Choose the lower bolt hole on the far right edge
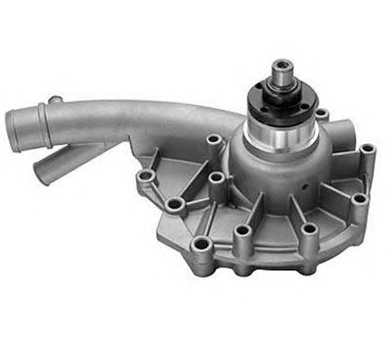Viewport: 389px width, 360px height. point(359,199)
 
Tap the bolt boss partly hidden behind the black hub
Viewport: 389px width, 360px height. point(321,112)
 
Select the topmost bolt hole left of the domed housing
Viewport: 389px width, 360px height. point(215,140)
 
